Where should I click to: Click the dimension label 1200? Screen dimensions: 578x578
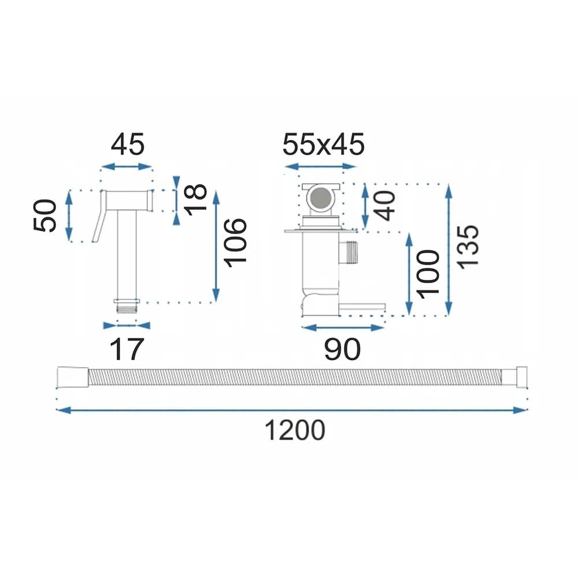point(295,430)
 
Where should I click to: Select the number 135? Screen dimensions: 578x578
point(468,247)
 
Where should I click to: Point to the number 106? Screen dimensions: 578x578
point(235,243)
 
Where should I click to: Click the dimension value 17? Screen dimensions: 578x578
point(127,350)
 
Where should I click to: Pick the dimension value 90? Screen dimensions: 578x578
point(342,350)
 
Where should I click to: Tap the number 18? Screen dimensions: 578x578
point(195,199)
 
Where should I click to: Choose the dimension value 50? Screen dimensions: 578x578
point(45,216)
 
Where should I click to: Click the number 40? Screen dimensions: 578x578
point(384,206)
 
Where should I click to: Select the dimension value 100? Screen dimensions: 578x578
point(428,274)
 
